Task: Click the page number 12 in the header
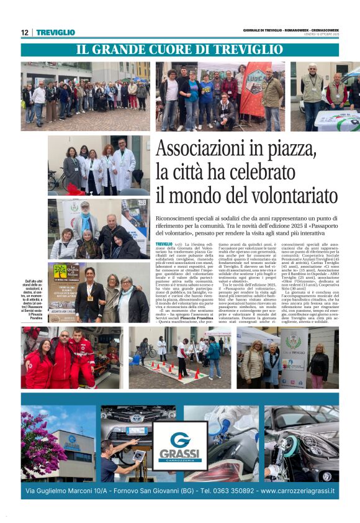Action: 25,32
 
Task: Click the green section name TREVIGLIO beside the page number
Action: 56,32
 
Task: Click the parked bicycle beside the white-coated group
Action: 56,180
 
